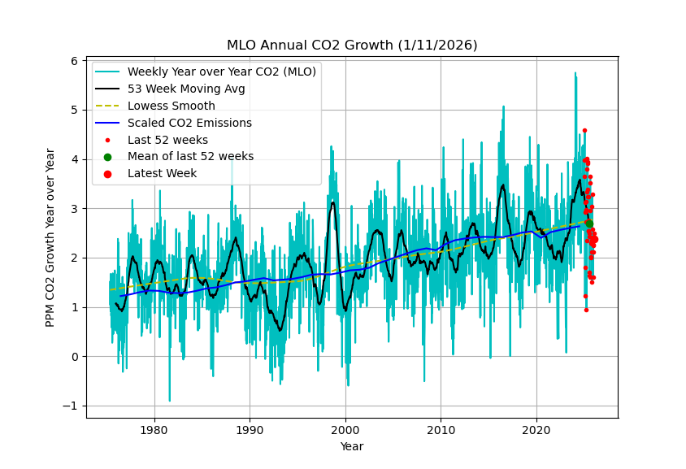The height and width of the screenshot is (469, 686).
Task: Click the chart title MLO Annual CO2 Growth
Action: click(x=352, y=46)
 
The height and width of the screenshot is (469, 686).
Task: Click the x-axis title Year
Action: click(x=352, y=446)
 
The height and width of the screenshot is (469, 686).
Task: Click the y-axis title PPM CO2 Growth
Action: click(x=50, y=237)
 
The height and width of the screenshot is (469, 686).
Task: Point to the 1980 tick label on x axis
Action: click(x=154, y=429)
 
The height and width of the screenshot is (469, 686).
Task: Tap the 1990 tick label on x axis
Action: click(x=250, y=429)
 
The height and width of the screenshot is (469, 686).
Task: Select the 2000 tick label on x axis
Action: click(x=345, y=429)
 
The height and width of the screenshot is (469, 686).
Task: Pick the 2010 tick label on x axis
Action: click(x=441, y=429)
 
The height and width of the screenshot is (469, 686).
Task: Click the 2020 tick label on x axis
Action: click(x=536, y=429)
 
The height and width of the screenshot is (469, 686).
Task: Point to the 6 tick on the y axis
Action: click(x=74, y=61)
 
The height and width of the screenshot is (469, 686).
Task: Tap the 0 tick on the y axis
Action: click(x=74, y=357)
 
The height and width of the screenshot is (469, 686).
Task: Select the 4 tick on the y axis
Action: click(x=74, y=159)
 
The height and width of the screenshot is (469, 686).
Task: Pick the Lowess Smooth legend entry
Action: click(x=171, y=106)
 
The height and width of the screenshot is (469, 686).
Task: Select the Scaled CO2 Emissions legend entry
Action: click(x=189, y=123)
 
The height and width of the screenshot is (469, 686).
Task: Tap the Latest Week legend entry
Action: click(x=162, y=173)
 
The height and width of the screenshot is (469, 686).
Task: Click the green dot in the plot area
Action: click(x=588, y=224)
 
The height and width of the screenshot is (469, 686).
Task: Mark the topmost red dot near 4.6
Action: click(x=584, y=130)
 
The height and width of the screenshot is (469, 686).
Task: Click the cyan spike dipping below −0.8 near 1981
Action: click(x=170, y=399)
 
